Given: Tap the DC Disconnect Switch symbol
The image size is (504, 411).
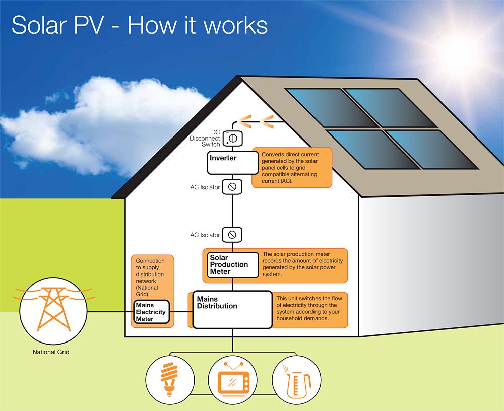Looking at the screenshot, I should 233,137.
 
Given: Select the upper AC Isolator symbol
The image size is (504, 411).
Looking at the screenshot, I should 232,187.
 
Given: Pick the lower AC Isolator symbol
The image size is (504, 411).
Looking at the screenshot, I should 232,235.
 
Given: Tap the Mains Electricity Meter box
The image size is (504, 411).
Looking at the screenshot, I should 151,312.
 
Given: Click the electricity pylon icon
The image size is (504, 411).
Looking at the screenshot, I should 52,310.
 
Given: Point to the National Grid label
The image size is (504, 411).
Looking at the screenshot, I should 51,352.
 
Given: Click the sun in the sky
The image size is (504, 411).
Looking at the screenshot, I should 461,48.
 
